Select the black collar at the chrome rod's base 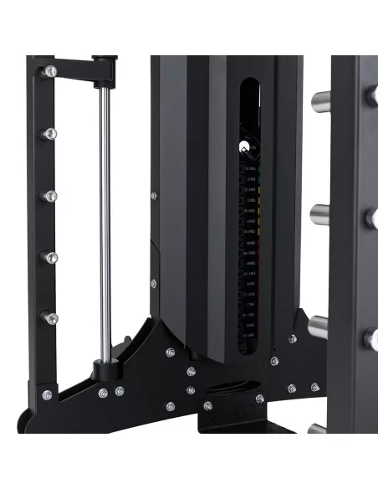[105, 367]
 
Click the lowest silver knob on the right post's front [368, 339]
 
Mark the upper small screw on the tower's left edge [153, 196]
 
